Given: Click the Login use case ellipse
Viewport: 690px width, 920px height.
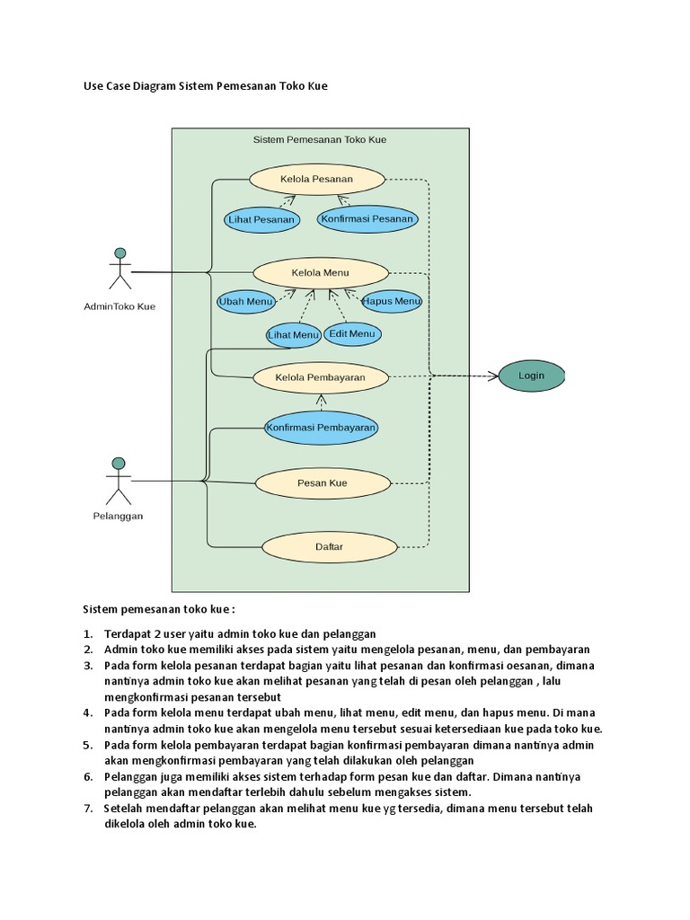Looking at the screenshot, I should [531, 376].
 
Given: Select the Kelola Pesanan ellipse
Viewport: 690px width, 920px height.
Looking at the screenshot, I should [316, 179].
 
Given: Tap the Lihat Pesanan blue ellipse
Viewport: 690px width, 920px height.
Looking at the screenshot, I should [261, 219].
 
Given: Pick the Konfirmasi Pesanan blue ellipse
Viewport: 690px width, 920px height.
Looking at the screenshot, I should [367, 218].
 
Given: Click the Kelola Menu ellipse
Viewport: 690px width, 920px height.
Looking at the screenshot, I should [321, 272].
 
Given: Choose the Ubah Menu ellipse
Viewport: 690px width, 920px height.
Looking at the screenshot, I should [245, 302].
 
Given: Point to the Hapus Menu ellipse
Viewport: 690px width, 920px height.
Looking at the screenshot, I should [392, 302].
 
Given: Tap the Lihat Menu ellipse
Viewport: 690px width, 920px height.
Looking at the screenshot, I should [294, 335].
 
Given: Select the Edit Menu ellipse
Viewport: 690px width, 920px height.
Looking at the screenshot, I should [352, 334].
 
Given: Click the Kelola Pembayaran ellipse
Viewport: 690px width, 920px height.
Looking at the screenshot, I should [320, 378].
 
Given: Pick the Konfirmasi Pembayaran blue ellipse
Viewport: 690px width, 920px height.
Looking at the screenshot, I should [321, 428].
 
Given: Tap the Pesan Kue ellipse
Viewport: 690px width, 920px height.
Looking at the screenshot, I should [323, 483].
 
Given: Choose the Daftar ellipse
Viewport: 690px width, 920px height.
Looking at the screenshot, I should [329, 546].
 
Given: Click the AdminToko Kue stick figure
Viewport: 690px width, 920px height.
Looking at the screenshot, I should [119, 269].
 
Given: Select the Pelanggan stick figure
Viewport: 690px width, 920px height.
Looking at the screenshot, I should [118, 481].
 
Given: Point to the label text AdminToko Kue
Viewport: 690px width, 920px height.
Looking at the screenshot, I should [119, 306].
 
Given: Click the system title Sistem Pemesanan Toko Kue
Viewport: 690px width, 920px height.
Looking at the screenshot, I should [320, 140].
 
